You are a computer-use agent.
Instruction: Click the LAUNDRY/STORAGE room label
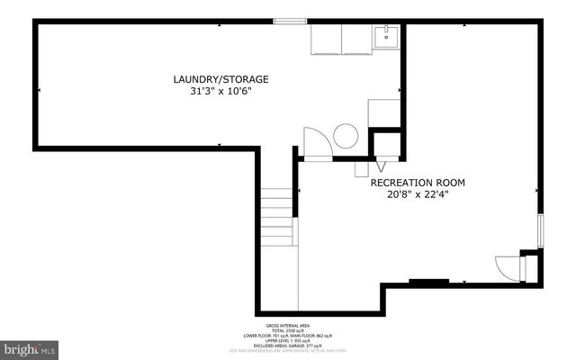coord(220,79)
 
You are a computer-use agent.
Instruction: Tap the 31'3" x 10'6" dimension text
coord(220,91)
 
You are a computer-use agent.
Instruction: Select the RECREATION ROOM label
coord(418,183)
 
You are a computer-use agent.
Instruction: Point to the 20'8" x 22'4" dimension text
coord(418,193)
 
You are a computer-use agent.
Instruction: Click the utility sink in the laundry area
coord(389,37)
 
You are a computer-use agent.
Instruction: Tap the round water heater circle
coord(346,138)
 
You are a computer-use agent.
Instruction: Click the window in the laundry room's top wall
coord(289,22)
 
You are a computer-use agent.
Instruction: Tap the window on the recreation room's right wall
coord(540,230)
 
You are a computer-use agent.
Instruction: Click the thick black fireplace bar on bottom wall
coord(428,283)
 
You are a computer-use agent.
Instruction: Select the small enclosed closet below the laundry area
coord(387,145)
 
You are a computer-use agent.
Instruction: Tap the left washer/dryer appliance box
coord(326,40)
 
